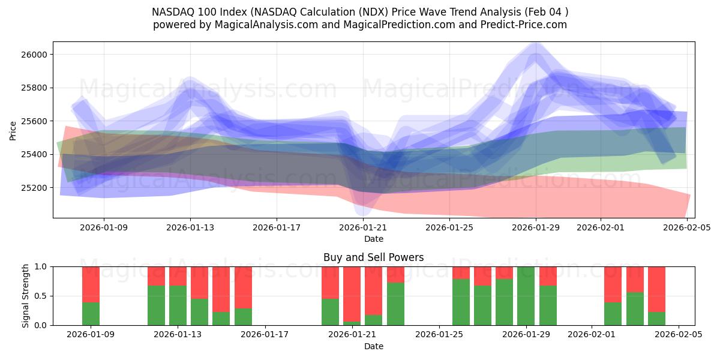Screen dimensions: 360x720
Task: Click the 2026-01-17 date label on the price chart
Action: tap(277, 228)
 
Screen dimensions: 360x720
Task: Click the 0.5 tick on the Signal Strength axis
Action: tap(42, 296)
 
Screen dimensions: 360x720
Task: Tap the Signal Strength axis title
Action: tap(26, 296)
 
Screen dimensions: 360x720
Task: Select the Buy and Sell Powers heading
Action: tap(373, 257)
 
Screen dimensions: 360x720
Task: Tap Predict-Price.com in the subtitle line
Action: tap(525, 25)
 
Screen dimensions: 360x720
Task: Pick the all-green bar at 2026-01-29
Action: tap(526, 296)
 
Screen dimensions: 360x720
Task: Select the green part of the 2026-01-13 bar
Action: tap(178, 305)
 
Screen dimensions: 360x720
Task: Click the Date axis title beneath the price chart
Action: tap(373, 239)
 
